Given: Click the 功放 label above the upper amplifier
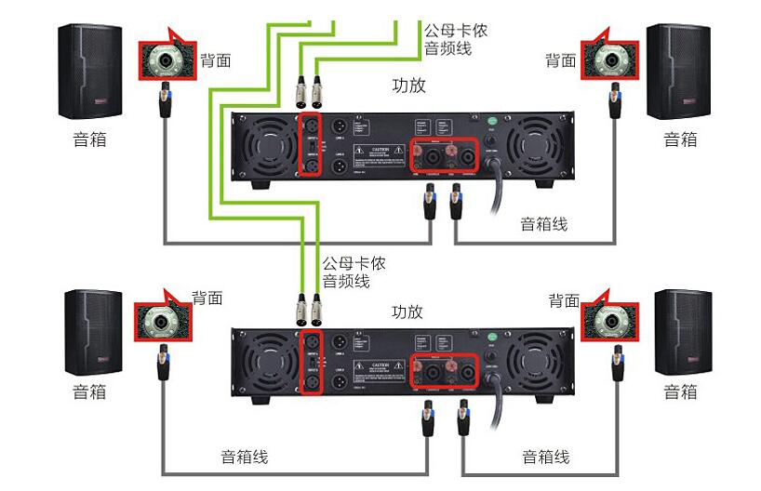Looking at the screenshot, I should coord(409,86).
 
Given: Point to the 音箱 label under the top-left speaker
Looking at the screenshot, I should coord(89,139).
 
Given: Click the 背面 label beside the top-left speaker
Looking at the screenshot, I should coord(216,60).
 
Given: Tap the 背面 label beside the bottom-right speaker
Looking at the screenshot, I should coord(564,300).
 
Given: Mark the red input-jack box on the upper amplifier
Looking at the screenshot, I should coord(310,144).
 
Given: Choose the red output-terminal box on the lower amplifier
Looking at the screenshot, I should coord(445,373).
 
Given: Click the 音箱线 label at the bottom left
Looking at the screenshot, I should coord(244,457).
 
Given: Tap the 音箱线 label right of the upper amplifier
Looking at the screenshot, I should coord(544,224).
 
